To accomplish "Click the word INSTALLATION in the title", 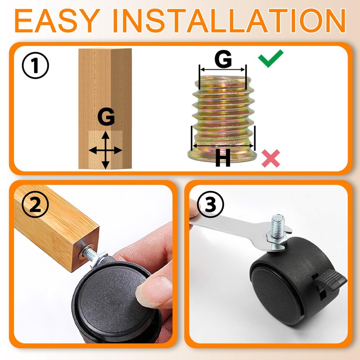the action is [x=229, y=21].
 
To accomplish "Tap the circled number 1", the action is [x=36, y=65].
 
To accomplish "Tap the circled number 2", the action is [x=36, y=204].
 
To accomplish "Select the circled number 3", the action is [x=210, y=204].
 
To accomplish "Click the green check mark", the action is [x=271, y=58].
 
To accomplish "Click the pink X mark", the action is [x=271, y=158].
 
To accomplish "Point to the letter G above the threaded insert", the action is [x=223, y=59].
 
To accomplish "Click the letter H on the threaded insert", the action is [x=223, y=157].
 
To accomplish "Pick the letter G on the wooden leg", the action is [x=106, y=117].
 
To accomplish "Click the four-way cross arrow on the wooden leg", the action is [x=105, y=150].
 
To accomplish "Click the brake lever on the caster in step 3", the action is [x=331, y=280].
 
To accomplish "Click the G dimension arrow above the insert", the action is [x=222, y=70].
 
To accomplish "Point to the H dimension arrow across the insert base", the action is [x=223, y=145].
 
